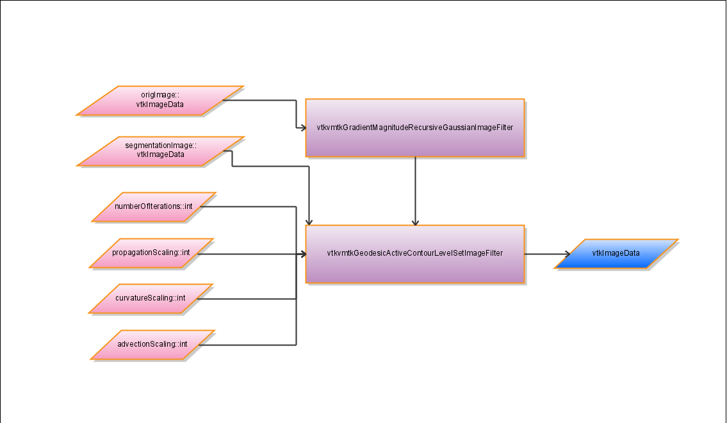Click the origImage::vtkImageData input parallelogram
[159, 101]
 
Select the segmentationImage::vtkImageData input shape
[161, 151]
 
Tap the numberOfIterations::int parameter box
[154, 206]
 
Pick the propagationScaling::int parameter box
[151, 253]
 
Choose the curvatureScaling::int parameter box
[151, 299]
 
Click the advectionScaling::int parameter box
[152, 345]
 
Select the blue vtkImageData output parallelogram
[616, 254]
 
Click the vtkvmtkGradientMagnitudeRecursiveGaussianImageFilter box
[415, 128]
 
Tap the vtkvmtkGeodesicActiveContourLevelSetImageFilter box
[415, 254]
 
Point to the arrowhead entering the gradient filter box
[302, 128]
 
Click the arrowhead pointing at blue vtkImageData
[566, 254]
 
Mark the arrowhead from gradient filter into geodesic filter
[415, 222]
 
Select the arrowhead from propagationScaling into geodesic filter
[302, 254]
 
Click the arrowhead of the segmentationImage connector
[309, 222]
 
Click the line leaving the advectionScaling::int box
[250, 345]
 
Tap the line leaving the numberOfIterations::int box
[250, 206]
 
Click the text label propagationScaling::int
[151, 253]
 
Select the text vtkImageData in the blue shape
[616, 253]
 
